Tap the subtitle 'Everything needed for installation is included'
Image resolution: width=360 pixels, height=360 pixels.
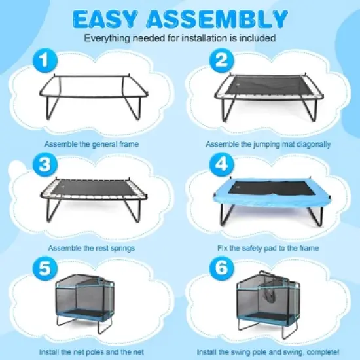pos(179,38)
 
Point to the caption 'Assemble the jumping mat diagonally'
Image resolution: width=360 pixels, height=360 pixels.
pos(267,143)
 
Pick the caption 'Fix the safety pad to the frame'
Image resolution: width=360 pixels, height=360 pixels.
pos(267,249)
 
